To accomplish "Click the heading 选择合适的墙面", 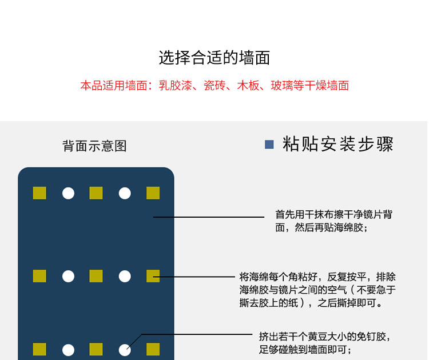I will coord(214,58).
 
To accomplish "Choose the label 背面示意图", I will coord(94,146).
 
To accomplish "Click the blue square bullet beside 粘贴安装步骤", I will coord(269,145).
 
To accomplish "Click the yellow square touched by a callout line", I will coord(153,276).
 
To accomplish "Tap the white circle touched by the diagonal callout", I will coord(125,350).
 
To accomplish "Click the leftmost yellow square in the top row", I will coord(39,193).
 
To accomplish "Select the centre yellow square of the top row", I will coord(96,193).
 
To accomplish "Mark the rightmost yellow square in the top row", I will coord(153,193).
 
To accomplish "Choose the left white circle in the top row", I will coord(68,193).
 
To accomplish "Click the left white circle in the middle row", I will coord(68,276).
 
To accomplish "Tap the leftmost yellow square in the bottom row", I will coord(39,349).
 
